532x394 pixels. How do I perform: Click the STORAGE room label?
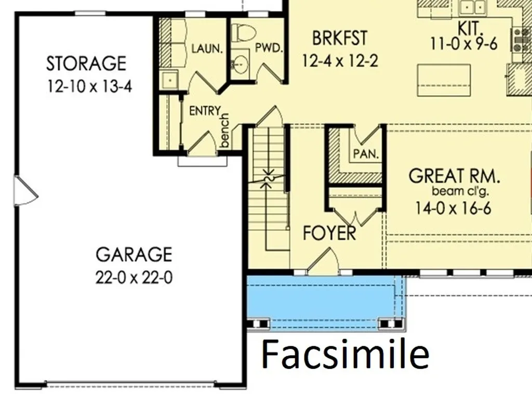coord(86,63)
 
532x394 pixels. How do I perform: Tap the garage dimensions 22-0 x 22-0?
coord(134,277)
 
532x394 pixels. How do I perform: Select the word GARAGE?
coord(134,255)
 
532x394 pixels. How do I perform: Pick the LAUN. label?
coord(207,48)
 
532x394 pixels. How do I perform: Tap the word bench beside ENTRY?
coord(224,130)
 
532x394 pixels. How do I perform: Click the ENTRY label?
coord(205,111)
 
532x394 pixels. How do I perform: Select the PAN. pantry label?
coord(366,154)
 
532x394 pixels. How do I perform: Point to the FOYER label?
coord(329,233)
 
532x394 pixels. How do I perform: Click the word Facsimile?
coord(345,354)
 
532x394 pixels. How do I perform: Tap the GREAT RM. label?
coord(454,176)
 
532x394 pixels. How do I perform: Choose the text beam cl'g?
coord(460,191)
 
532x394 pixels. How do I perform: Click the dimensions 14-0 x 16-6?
coord(453,208)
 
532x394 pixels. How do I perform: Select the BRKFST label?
coord(340,38)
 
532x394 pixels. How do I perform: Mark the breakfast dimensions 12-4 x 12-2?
coord(340,61)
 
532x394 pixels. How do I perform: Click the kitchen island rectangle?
coord(444,80)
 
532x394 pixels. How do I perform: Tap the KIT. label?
coord(470,28)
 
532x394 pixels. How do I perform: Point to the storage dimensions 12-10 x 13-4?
coord(89,86)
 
